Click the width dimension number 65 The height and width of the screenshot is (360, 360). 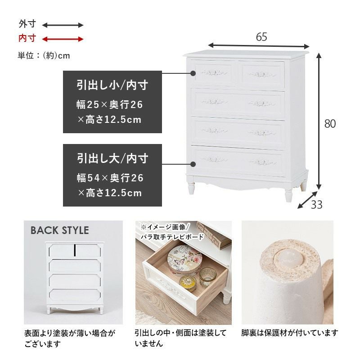[x=261, y=37]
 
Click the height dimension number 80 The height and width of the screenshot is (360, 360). [x=330, y=124]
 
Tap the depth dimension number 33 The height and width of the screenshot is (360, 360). [x=317, y=205]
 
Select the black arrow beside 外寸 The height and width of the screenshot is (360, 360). [x=63, y=25]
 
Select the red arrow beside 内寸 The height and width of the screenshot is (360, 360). [x=63, y=39]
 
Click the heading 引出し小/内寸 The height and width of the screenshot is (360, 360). [x=112, y=85]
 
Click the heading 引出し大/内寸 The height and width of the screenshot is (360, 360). [x=112, y=158]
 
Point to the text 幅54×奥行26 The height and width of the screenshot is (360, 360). [x=110, y=178]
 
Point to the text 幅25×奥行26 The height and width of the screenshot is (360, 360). [x=110, y=105]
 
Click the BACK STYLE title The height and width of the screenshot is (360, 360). [x=60, y=230]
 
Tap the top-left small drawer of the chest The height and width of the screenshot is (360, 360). [x=214, y=73]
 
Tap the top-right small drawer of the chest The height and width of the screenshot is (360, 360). [x=263, y=73]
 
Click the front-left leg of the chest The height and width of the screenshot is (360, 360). [x=192, y=188]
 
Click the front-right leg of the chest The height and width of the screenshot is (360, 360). [x=288, y=195]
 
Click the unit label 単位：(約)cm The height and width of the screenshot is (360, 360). [x=44, y=56]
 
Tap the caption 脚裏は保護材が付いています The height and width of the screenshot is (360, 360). [x=290, y=333]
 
